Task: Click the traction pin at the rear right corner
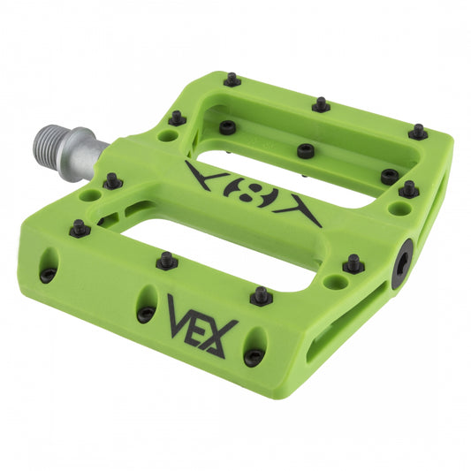point(418,132)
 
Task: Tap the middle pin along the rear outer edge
point(321,105)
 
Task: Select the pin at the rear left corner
point(232,80)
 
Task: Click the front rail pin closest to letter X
point(261,296)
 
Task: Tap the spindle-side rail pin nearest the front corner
point(80,228)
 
